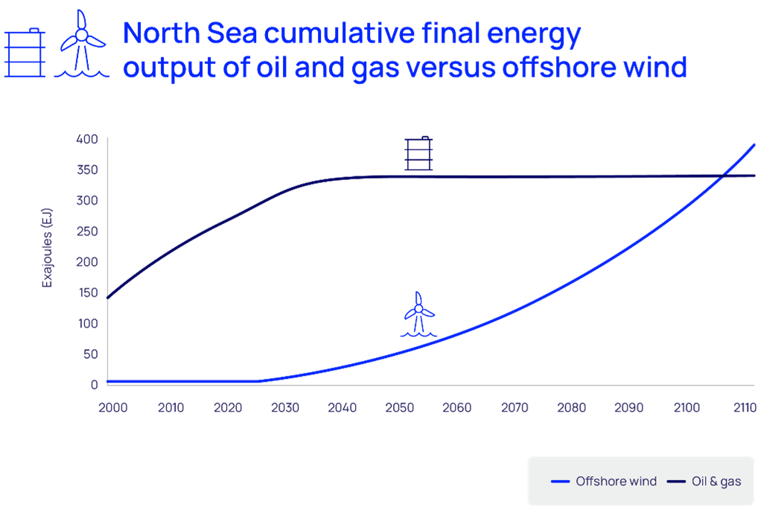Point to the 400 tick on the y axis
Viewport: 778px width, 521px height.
click(x=87, y=139)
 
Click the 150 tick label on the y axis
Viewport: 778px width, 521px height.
click(x=87, y=293)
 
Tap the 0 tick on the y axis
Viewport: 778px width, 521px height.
click(x=95, y=385)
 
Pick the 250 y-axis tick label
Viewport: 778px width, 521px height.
click(x=87, y=231)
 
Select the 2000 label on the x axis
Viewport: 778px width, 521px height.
click(x=113, y=408)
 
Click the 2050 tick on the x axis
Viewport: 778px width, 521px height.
click(x=399, y=408)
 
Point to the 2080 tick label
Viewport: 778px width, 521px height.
click(x=571, y=408)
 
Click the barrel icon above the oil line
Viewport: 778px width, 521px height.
click(x=418, y=153)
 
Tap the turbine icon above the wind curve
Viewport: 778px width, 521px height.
click(x=418, y=314)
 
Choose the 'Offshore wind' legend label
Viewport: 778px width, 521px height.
click(x=616, y=482)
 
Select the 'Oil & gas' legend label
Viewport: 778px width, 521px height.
click(x=716, y=482)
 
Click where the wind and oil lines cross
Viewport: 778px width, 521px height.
click(x=721, y=176)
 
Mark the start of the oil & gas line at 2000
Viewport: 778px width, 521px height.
click(x=109, y=298)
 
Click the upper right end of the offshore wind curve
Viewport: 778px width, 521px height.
click(x=754, y=144)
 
